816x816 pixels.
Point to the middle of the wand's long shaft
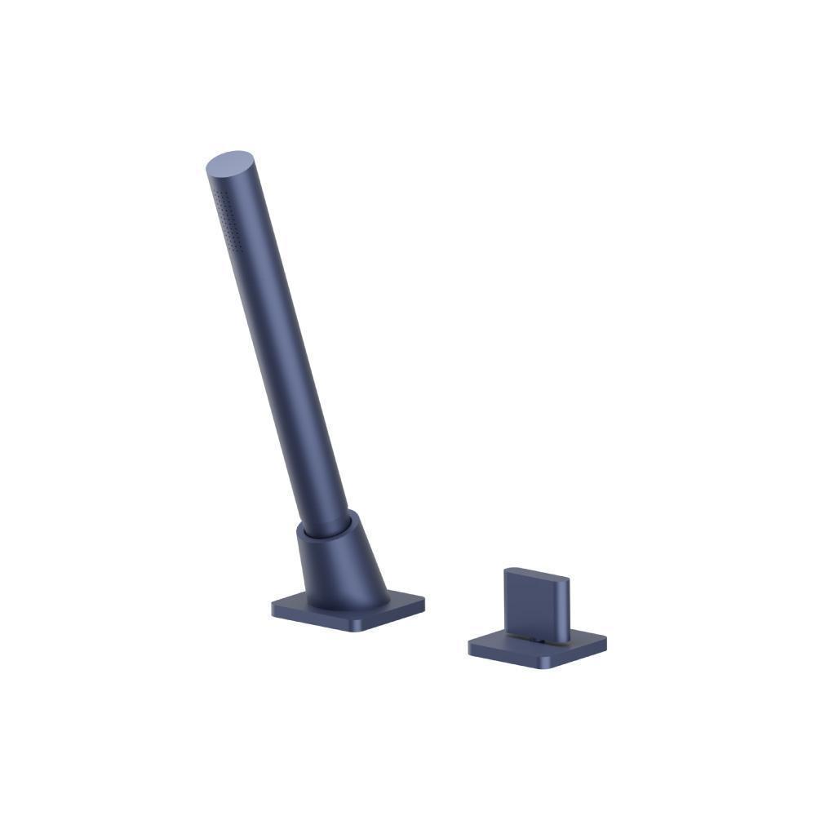pyautogui.click(x=282, y=343)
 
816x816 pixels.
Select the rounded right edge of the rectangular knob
pyautogui.click(x=566, y=604)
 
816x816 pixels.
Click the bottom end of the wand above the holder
pyautogui.click(x=330, y=514)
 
